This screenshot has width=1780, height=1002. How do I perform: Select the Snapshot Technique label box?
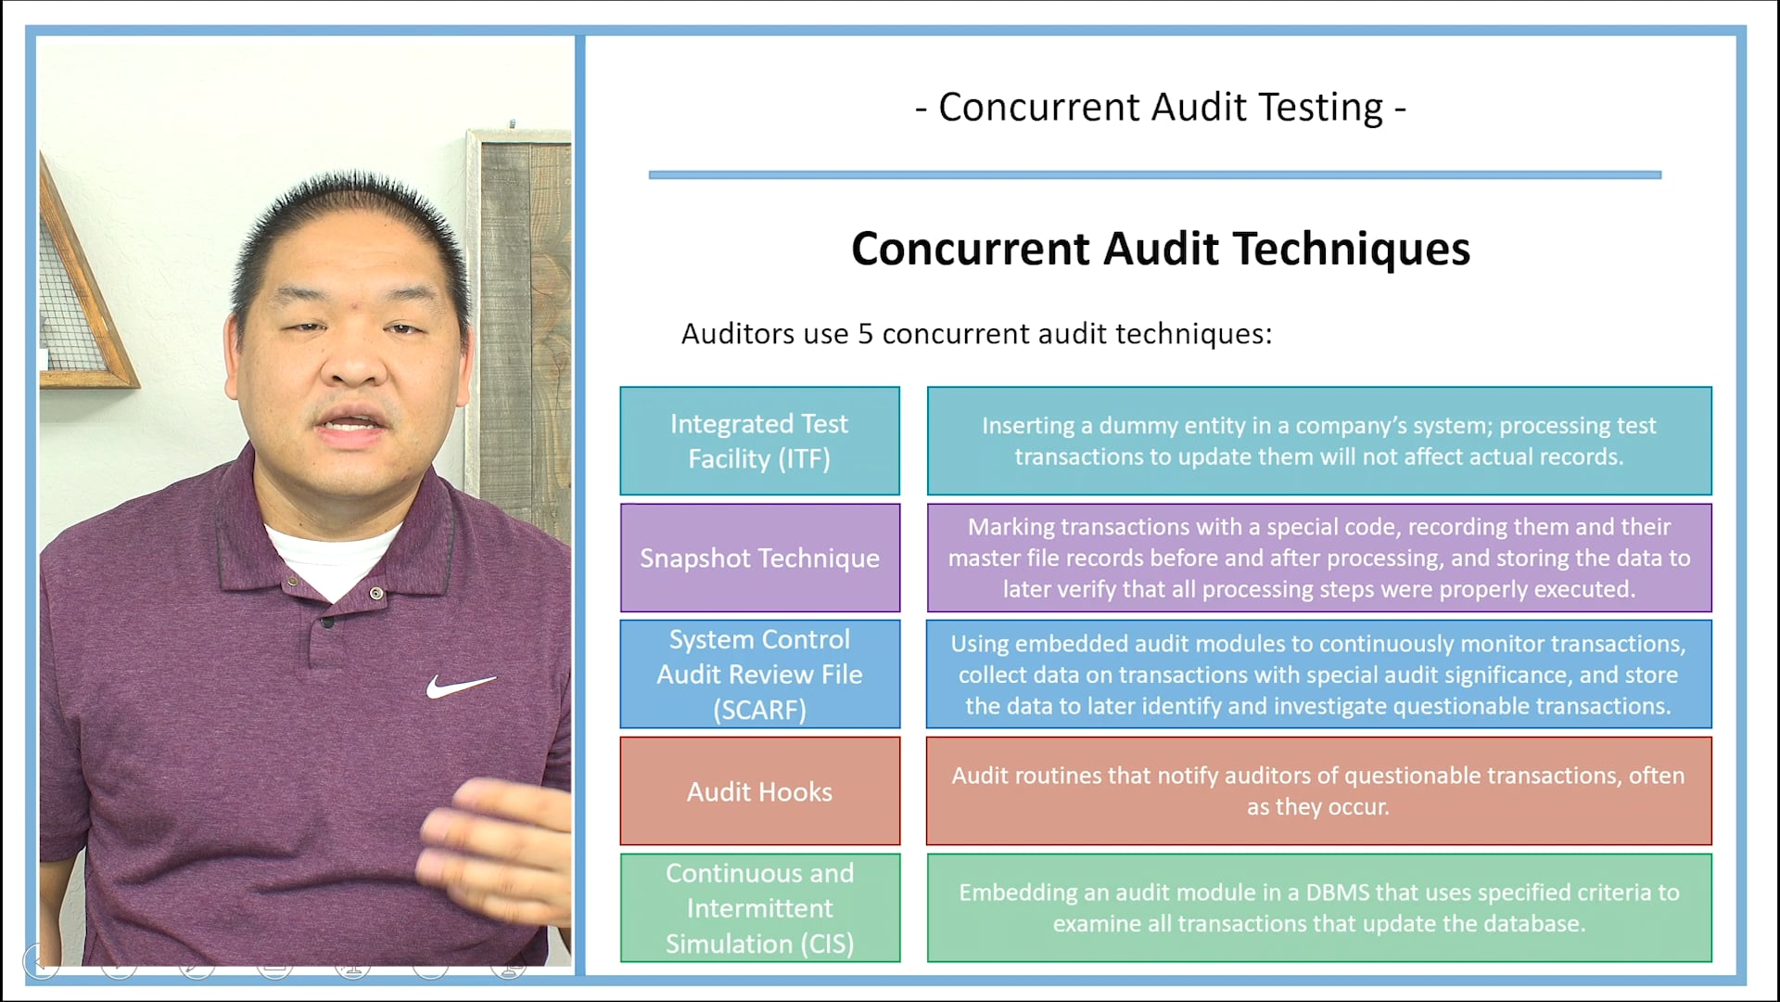pos(759,558)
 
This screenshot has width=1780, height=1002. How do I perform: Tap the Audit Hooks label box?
pos(759,791)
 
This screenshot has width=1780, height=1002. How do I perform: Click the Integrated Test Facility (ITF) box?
pos(759,441)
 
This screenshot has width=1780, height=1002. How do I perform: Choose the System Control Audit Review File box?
pos(759,674)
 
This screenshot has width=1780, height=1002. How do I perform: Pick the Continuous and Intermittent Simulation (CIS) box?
pos(759,908)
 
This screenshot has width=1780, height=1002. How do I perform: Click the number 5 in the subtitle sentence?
pos(865,334)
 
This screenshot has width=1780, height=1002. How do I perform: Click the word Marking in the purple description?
pos(1011,527)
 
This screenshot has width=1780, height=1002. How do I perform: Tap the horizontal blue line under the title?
pos(1154,174)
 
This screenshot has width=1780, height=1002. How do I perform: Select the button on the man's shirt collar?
pos(375,593)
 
